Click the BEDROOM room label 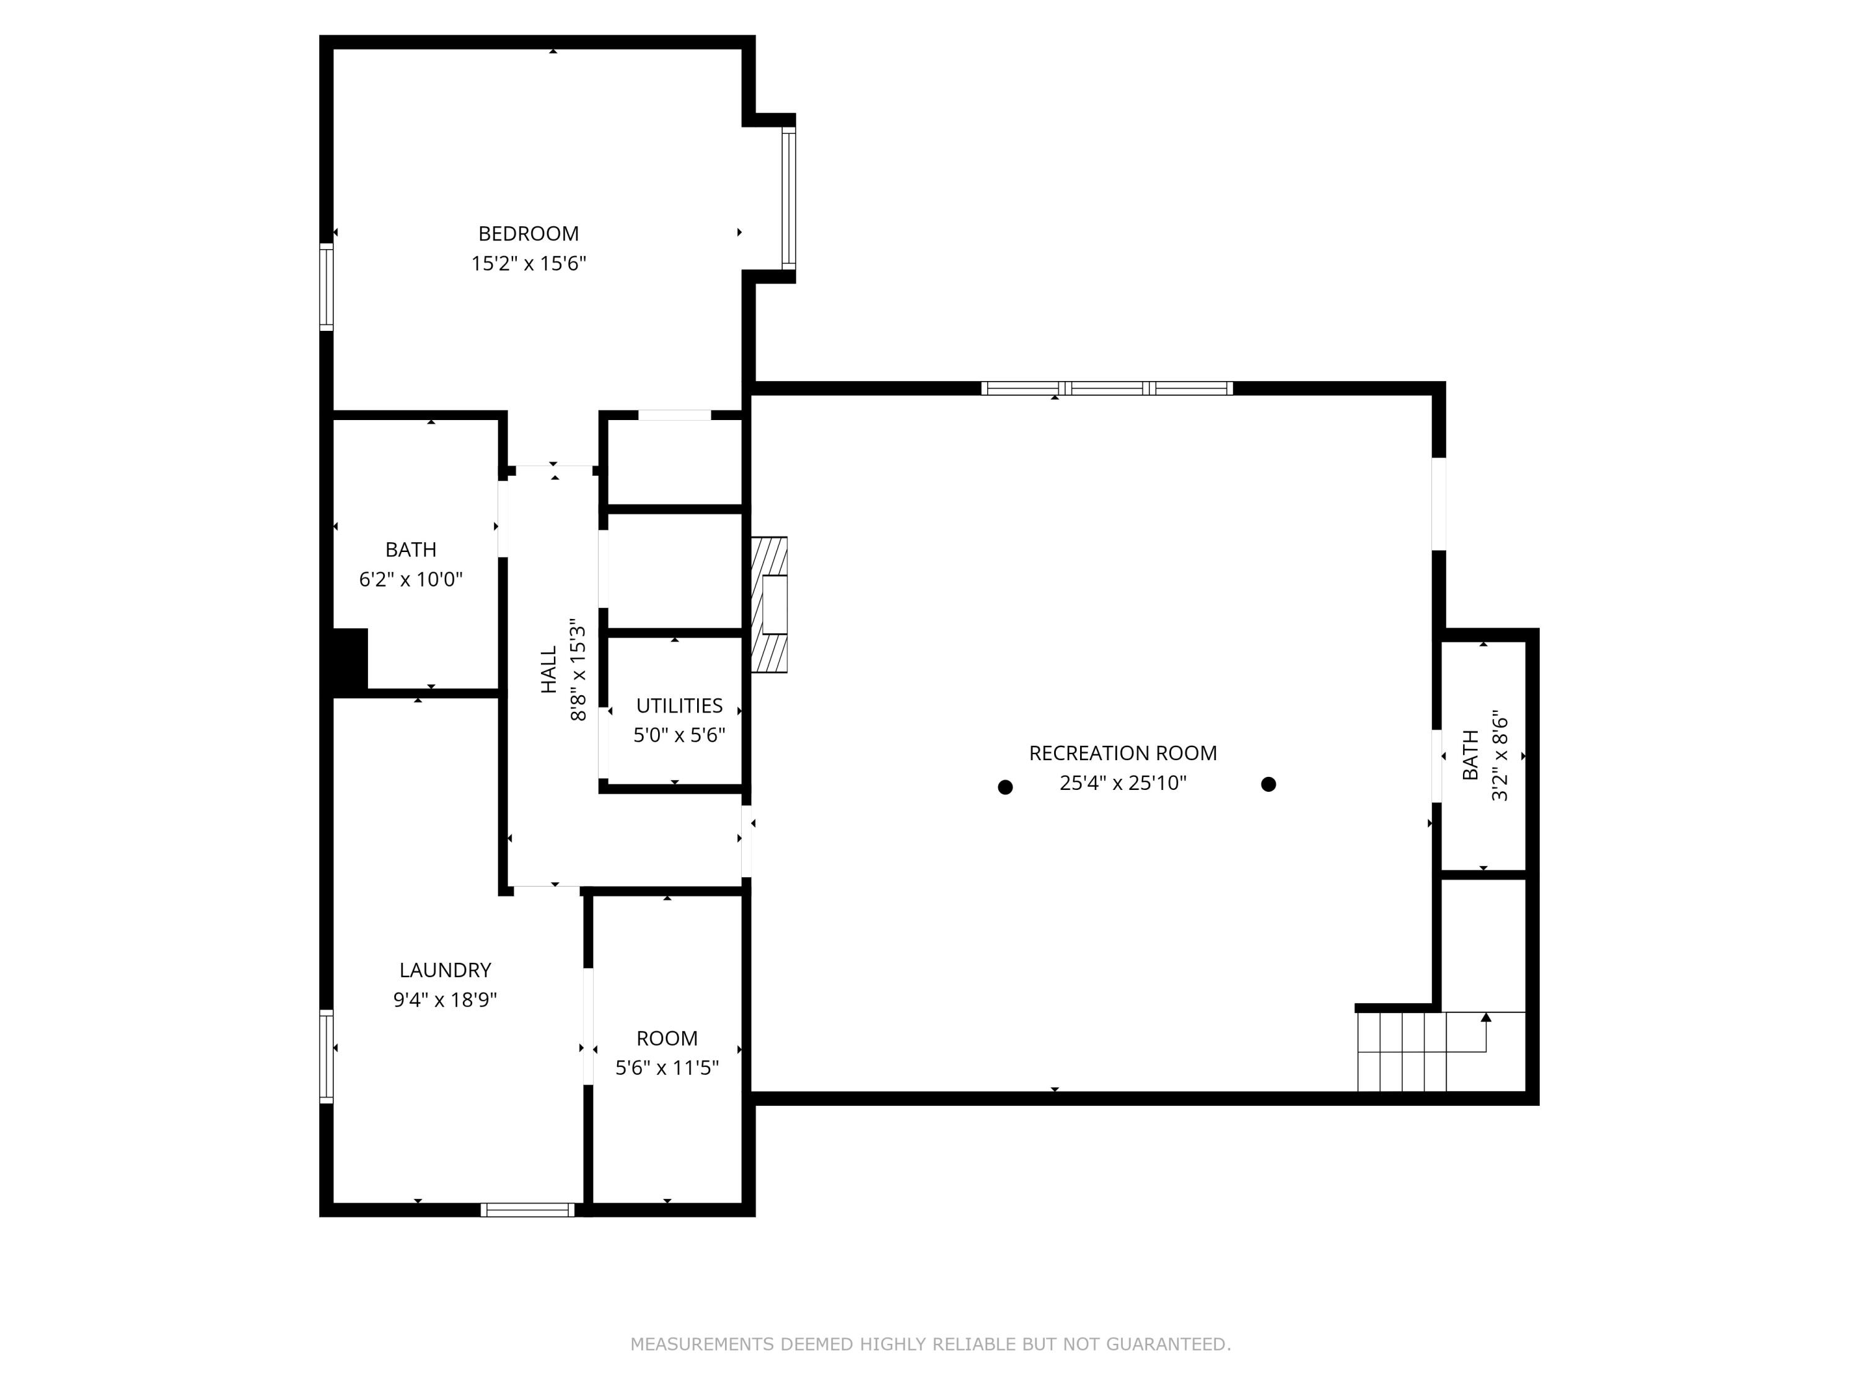(x=528, y=234)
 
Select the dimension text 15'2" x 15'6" (x=528, y=264)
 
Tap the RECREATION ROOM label (x=1122, y=753)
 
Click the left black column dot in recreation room (x=1004, y=787)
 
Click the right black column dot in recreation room (x=1268, y=784)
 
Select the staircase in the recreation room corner (x=1401, y=1052)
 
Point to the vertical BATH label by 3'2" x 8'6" (x=1470, y=755)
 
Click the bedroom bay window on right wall (x=788, y=198)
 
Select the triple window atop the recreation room (x=1106, y=388)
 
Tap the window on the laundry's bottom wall (x=528, y=1210)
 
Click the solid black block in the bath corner (x=349, y=661)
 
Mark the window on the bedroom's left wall (x=326, y=286)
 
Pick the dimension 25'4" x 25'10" (x=1122, y=783)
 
